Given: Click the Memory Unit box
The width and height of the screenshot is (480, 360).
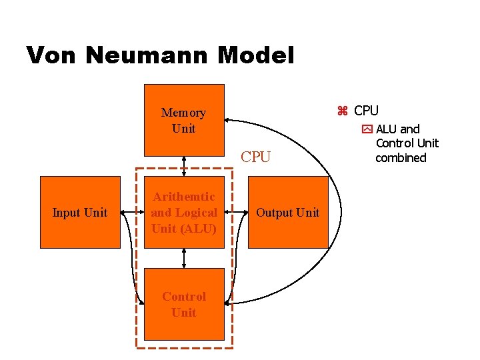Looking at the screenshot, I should click(184, 120).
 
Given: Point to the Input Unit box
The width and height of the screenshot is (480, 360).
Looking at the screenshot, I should click(80, 212).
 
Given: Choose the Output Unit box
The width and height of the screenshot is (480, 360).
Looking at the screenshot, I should click(288, 212).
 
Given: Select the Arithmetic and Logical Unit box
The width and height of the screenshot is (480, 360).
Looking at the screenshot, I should click(184, 212).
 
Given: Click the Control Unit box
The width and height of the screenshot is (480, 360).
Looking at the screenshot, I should click(184, 304).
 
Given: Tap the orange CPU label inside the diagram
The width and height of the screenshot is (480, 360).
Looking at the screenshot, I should click(256, 157).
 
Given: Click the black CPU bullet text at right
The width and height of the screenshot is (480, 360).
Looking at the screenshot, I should click(366, 111).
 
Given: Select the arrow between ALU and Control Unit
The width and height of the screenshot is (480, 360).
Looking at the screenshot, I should click(184, 258).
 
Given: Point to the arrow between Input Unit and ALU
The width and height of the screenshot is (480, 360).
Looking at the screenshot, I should click(132, 213).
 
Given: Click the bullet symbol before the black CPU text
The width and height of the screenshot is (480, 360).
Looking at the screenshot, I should click(343, 111).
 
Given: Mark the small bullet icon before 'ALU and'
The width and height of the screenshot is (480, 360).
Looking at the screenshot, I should click(367, 129).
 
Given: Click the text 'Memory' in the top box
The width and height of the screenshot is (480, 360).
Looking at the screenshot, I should click(183, 113).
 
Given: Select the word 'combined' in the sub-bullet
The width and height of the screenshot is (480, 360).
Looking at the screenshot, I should click(401, 158).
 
